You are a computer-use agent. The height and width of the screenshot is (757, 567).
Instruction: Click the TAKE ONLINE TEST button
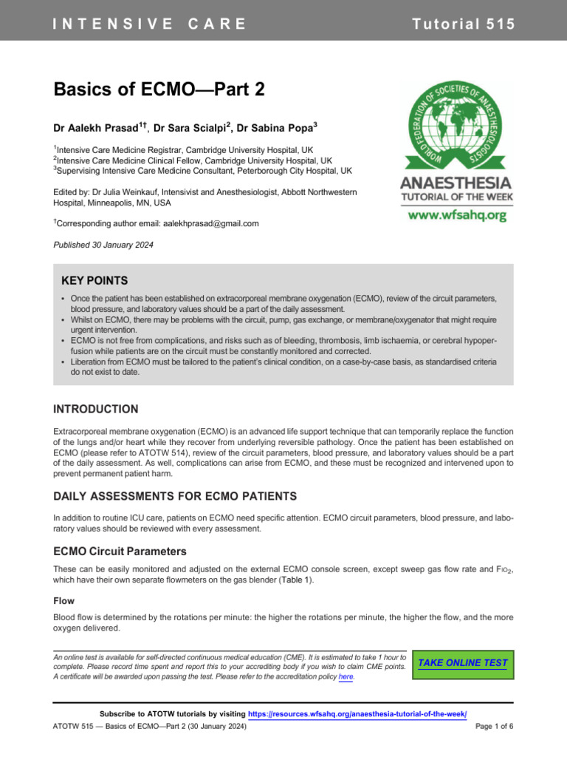pyautogui.click(x=462, y=662)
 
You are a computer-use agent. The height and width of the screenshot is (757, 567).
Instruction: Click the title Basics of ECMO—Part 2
pyautogui.click(x=159, y=90)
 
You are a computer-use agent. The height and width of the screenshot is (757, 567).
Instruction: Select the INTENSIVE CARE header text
pyautogui.click(x=149, y=24)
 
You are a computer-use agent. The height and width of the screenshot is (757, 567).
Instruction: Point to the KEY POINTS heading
pyautogui.click(x=94, y=281)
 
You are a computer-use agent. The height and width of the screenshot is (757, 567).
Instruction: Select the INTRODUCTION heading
pyautogui.click(x=96, y=409)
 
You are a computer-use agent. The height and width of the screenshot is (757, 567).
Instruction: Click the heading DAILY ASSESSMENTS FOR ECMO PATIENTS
pyautogui.click(x=175, y=495)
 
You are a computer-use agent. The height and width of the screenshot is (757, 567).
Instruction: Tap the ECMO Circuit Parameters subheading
pyautogui.click(x=120, y=551)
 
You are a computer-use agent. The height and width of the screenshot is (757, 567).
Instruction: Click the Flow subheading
pyautogui.click(x=63, y=601)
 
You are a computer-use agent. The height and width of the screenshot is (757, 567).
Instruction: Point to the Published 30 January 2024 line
pyautogui.click(x=104, y=245)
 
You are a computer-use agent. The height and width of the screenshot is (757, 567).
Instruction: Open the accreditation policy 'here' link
pyautogui.click(x=346, y=677)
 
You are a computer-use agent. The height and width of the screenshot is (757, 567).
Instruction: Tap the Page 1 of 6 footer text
pyautogui.click(x=494, y=727)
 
